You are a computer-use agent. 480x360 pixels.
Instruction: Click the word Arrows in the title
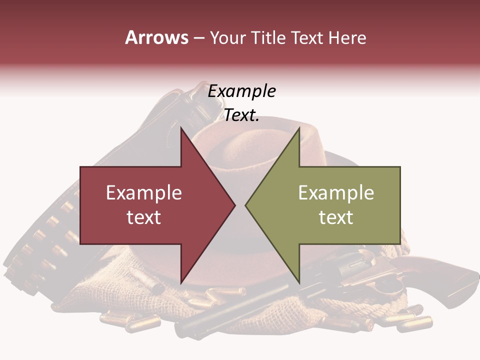pyautogui.click(x=156, y=37)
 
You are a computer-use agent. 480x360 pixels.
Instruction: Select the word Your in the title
pyautogui.click(x=226, y=38)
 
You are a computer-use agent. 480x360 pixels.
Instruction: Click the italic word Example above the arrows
pyautogui.click(x=241, y=91)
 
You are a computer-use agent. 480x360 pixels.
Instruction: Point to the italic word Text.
pyautogui.click(x=241, y=115)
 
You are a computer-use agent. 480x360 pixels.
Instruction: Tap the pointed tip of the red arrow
pyautogui.click(x=233, y=205)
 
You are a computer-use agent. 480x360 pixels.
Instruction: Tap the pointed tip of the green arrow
pyautogui.click(x=246, y=205)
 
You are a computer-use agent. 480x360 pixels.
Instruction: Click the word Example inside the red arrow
pyautogui.click(x=143, y=192)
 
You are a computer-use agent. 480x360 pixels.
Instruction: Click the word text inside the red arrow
pyautogui.click(x=143, y=217)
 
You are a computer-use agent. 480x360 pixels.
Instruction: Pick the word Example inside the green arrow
pyautogui.click(x=336, y=192)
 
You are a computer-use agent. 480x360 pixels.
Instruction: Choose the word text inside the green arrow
pyautogui.click(x=336, y=217)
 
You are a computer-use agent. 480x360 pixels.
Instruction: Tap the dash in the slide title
pyautogui.click(x=198, y=38)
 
